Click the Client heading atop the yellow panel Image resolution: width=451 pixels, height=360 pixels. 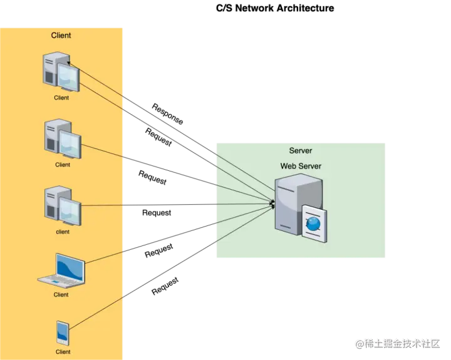61,35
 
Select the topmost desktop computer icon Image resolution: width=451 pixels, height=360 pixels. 61,71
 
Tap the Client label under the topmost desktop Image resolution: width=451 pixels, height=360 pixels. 61,98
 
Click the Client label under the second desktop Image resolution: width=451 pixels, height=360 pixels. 63,165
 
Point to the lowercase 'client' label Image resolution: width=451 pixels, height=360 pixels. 63,232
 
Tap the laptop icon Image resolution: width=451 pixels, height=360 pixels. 61,270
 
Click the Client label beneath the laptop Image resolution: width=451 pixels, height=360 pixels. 61,294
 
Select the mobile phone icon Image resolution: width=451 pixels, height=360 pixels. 63,332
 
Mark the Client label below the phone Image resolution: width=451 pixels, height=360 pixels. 63,352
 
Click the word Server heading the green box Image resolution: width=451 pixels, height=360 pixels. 301,150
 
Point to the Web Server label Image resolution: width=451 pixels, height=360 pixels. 301,166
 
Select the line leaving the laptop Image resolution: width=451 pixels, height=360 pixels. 105,257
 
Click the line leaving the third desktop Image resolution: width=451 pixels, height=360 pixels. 103,205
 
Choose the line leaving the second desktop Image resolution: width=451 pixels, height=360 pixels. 103,151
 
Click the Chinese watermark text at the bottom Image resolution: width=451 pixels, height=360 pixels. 398,342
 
